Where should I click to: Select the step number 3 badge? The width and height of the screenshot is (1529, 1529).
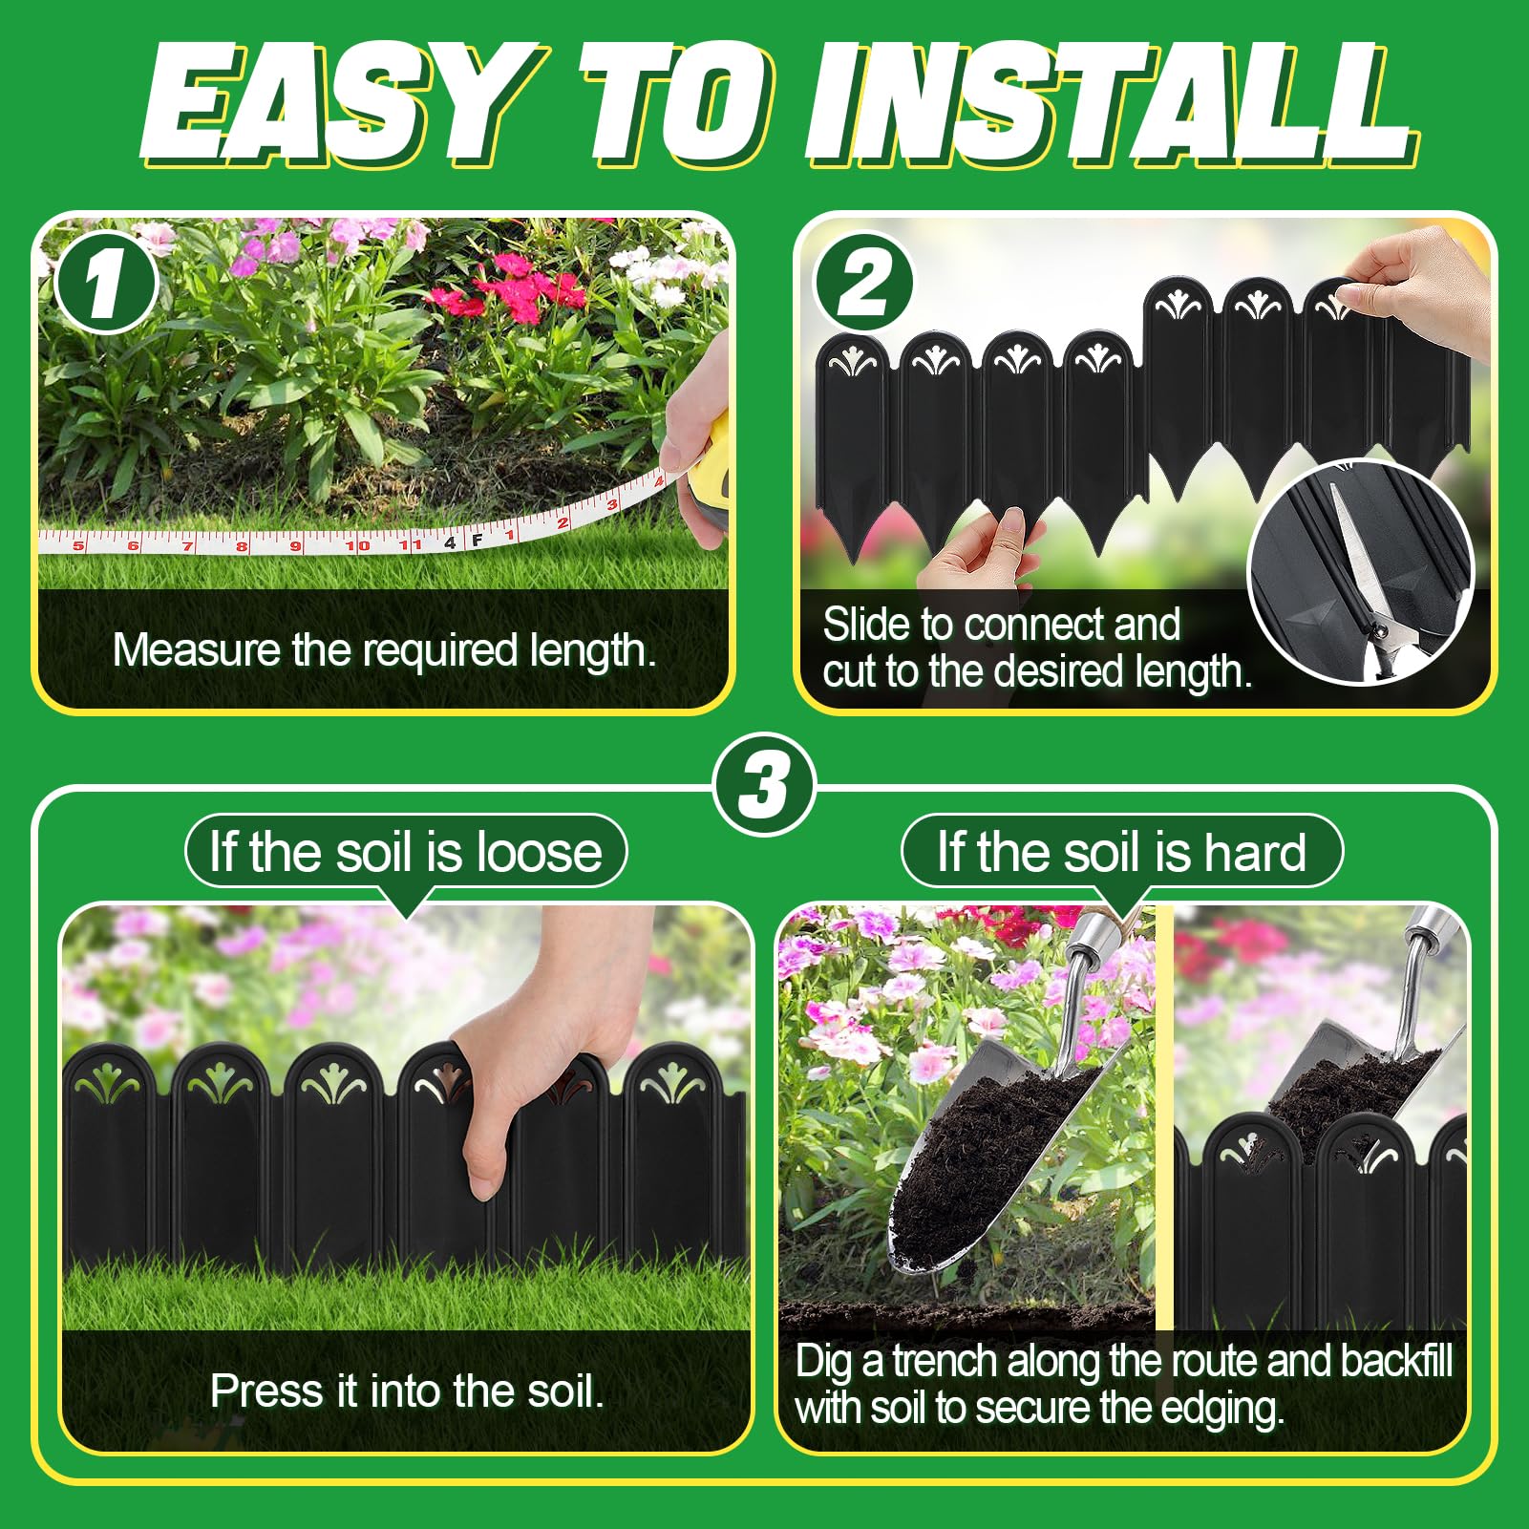764,785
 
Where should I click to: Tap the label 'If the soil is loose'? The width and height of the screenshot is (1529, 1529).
406,851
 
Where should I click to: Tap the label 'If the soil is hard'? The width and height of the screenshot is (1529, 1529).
1122,851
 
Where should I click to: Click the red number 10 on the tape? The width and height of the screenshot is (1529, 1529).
357,545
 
